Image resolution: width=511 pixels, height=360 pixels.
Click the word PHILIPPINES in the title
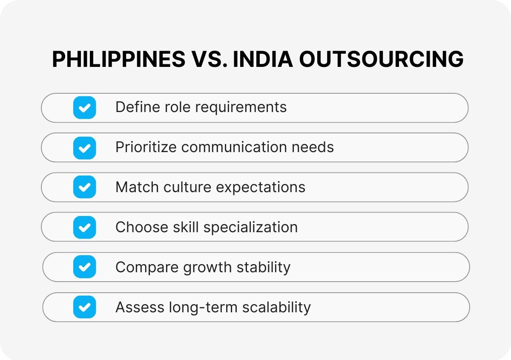(118, 60)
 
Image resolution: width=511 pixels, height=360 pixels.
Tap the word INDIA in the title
(262, 60)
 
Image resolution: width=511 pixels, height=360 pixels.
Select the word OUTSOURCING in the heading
(381, 60)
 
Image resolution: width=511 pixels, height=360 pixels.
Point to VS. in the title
(209, 60)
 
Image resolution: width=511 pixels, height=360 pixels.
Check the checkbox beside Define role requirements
(84, 107)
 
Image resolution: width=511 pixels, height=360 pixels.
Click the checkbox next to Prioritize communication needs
(84, 147)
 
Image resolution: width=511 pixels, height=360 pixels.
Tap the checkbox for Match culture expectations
(84, 187)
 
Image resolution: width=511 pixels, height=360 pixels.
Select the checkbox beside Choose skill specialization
(84, 227)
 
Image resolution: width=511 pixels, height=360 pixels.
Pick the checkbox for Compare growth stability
(84, 267)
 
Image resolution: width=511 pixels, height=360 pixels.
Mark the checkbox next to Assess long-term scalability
(84, 307)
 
